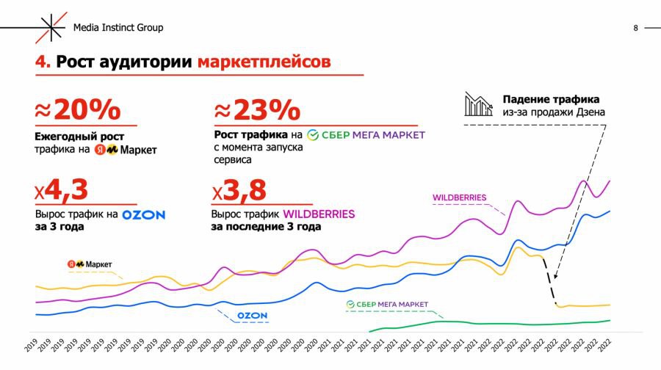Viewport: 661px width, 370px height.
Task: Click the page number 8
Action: click(x=635, y=28)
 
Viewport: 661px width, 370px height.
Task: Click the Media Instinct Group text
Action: click(x=118, y=28)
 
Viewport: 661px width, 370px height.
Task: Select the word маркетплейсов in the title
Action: click(x=264, y=62)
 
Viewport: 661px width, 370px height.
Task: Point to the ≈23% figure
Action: click(x=257, y=111)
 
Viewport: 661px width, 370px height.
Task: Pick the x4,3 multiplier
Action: click(x=61, y=191)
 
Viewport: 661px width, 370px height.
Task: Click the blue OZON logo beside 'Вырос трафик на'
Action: click(x=143, y=215)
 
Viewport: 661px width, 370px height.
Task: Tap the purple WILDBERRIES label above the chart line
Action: click(x=460, y=197)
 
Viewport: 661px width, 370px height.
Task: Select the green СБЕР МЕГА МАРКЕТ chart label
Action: click(x=386, y=304)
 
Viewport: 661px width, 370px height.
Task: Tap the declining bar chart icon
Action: click(x=477, y=104)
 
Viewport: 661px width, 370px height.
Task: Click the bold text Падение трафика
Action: click(x=551, y=99)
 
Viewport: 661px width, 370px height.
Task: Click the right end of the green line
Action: click(x=610, y=320)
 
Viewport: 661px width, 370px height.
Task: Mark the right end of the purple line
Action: click(x=610, y=181)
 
